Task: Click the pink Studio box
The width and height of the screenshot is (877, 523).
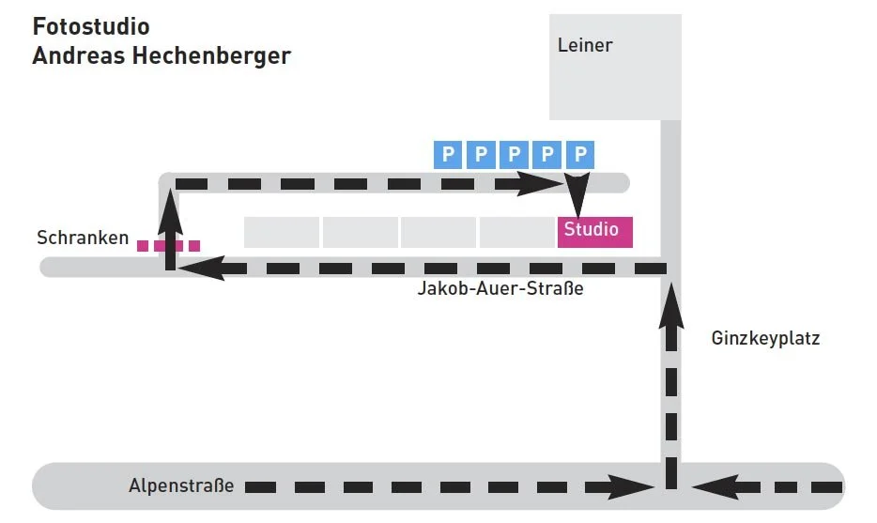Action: point(594,231)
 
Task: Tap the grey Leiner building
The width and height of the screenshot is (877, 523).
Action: point(615,67)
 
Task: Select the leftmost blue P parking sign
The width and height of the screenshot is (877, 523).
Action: point(448,154)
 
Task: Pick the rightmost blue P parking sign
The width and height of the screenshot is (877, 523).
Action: point(581,154)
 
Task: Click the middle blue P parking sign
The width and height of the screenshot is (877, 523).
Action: point(514,154)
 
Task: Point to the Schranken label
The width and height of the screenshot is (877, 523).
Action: point(83,238)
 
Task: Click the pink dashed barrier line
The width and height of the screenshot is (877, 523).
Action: point(168,246)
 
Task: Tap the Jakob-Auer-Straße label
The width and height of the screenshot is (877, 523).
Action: point(500,288)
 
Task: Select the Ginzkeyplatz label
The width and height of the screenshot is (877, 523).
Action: point(765,338)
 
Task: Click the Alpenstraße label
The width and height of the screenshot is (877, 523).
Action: point(181,486)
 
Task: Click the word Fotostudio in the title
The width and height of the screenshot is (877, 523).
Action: point(91,25)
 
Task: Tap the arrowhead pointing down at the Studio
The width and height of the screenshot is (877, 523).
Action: point(577,203)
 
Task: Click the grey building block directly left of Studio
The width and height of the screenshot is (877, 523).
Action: point(517,232)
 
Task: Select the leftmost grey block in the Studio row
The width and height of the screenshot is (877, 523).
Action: point(282,232)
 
